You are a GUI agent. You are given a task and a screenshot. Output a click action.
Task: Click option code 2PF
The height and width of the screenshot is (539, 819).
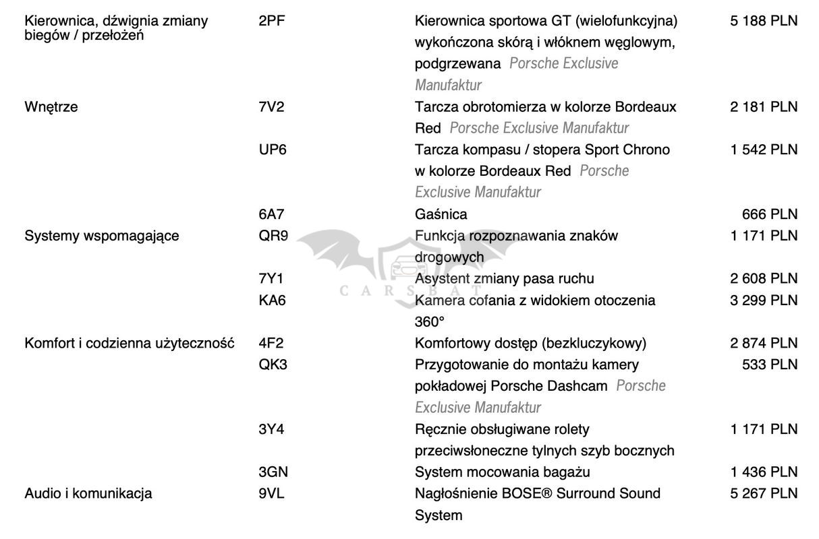[271, 21]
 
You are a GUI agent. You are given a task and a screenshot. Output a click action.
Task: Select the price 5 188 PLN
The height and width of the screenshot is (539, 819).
[764, 21]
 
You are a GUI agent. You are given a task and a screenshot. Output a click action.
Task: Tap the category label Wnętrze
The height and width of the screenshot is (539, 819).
[51, 106]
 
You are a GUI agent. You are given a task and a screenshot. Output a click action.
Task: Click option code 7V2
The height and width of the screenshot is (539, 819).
[271, 106]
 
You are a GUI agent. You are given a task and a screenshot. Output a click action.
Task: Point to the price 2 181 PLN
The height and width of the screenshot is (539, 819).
[764, 106]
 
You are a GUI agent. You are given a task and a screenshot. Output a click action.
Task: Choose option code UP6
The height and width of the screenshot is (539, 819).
[273, 150]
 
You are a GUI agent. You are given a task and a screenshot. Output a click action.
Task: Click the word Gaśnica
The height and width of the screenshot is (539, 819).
[441, 214]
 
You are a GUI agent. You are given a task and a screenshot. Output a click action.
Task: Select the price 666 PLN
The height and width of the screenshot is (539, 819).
[769, 214]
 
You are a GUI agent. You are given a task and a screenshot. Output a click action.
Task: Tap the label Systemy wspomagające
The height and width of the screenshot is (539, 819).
[101, 236]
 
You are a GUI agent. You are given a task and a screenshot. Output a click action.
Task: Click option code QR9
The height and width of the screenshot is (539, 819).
[273, 236]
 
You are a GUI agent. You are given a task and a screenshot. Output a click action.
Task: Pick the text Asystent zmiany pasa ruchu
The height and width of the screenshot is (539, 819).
[505, 278]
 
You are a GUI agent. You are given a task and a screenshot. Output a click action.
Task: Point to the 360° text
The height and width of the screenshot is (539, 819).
[430, 321]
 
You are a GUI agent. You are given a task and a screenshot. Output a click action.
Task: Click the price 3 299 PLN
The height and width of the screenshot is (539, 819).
[764, 300]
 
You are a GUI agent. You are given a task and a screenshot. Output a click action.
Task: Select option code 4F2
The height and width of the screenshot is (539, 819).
[271, 343]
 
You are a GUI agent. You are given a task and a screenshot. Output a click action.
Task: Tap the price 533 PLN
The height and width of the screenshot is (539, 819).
[769, 364]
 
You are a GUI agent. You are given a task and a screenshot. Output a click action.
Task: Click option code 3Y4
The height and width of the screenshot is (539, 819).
[271, 429]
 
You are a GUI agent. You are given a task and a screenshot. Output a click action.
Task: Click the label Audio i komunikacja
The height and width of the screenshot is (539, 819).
[88, 493]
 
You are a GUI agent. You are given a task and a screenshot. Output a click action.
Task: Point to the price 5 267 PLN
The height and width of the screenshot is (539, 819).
[764, 493]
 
